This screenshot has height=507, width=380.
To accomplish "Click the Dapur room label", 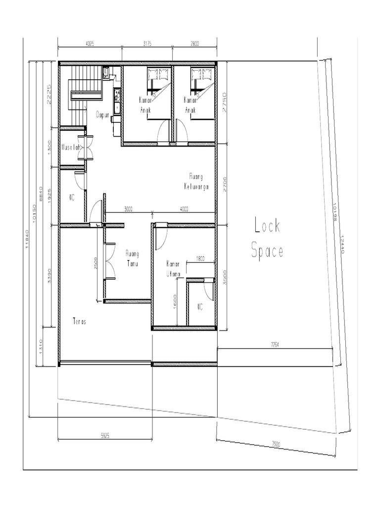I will pyautogui.click(x=102, y=114).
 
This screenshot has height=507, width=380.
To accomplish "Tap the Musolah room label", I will pyautogui.click(x=70, y=147).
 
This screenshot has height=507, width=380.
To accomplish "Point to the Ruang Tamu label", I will pyautogui.click(x=133, y=258).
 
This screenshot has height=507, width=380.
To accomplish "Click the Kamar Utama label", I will pyautogui.click(x=173, y=268).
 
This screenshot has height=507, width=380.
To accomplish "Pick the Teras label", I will pyautogui.click(x=79, y=321).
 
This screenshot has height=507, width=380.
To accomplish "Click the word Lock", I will pyautogui.click(x=267, y=226).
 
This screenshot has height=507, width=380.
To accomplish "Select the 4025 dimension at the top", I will pyautogui.click(x=90, y=44).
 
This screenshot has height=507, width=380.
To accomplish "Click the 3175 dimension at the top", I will pyautogui.click(x=147, y=44).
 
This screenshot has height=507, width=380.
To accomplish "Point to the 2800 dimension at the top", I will pyautogui.click(x=194, y=44).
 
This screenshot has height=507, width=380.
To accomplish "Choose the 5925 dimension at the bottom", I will pyautogui.click(x=105, y=436).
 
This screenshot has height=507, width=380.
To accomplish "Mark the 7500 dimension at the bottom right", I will pyautogui.click(x=276, y=444).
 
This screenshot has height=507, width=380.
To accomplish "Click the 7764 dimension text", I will pyautogui.click(x=275, y=344).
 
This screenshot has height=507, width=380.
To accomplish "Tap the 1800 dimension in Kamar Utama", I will pyautogui.click(x=200, y=258).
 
